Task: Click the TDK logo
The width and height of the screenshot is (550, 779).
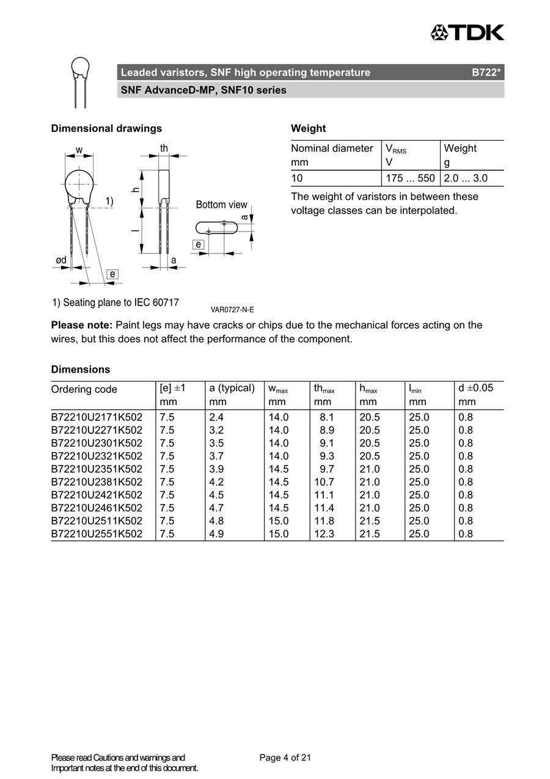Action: pos(468,32)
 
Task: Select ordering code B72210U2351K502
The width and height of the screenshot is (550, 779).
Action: pos(97,469)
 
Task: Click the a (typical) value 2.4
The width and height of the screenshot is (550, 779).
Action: pos(216,417)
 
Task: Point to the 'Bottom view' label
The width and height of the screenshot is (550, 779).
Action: pos(221,205)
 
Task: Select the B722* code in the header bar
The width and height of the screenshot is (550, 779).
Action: pos(486,73)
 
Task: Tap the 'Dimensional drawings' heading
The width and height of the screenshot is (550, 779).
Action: pos(106,128)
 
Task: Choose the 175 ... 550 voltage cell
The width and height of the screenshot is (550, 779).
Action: pos(410,178)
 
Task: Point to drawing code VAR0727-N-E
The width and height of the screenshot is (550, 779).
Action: pos(232,310)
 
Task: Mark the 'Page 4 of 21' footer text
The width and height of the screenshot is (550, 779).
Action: pos(285,758)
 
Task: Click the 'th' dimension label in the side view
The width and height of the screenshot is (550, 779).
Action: pos(164,148)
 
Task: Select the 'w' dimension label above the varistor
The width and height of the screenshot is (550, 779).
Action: pos(79,150)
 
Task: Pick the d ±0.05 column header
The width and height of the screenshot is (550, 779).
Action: pos(475,388)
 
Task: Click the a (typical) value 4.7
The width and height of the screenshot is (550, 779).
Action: pos(216,508)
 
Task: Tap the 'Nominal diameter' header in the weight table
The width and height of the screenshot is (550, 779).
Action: pos(332,148)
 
